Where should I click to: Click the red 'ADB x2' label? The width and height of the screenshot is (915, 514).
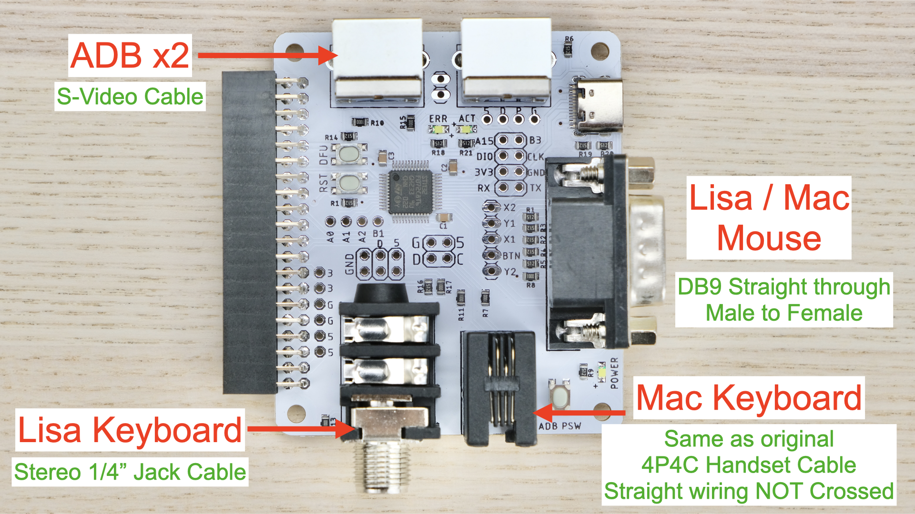click(130, 55)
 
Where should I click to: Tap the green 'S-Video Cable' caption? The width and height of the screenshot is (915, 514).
click(130, 97)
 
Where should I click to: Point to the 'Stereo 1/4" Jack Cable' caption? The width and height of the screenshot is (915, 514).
click(130, 472)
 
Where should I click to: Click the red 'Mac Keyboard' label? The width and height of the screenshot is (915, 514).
click(749, 398)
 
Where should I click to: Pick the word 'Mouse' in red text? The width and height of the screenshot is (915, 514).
click(769, 238)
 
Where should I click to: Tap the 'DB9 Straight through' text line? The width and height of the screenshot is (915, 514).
click(784, 287)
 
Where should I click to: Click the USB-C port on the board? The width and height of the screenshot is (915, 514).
click(599, 105)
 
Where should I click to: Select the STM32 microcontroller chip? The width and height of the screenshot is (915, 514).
click(409, 191)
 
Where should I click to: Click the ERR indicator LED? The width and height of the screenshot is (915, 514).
click(438, 129)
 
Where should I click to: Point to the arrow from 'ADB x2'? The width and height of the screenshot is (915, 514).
click(267, 55)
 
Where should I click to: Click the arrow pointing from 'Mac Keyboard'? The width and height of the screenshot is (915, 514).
click(579, 412)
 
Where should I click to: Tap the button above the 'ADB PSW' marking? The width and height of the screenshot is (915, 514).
click(559, 397)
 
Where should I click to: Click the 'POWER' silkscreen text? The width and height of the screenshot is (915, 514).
click(614, 373)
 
